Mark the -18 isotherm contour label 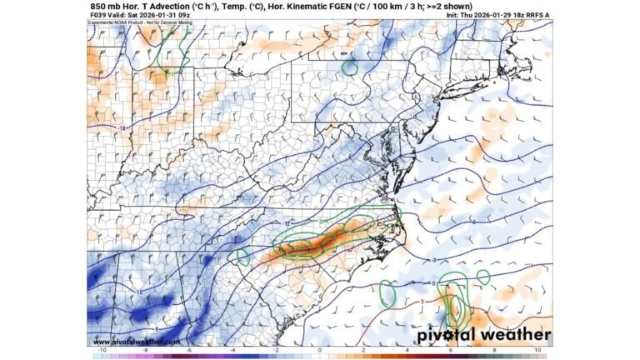point(122,127)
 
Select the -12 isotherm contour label point(287,223)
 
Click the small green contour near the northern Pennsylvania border point(349,63)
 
